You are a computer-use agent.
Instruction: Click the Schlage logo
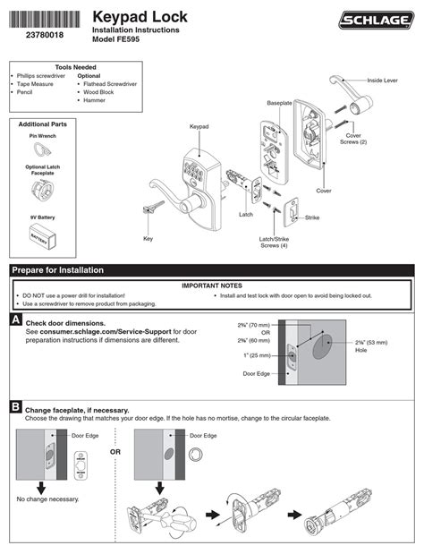click(375, 21)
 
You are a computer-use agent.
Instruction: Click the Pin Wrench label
click(43, 136)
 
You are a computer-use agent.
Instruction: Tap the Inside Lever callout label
click(387, 81)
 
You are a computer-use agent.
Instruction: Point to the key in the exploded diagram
click(148, 208)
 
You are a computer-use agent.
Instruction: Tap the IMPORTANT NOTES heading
click(212, 286)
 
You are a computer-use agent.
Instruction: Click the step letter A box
click(16, 320)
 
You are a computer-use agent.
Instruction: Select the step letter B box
click(16, 407)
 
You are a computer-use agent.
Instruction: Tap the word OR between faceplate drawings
click(114, 452)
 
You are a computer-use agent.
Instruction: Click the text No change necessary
click(47, 499)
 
